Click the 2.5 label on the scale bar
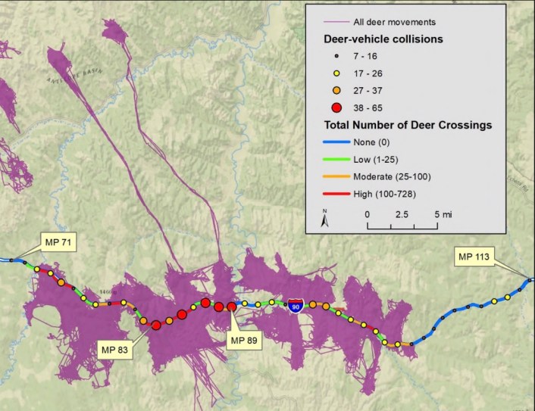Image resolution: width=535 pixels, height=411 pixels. [402, 214]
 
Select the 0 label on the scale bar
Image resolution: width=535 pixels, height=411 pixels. [368, 214]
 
